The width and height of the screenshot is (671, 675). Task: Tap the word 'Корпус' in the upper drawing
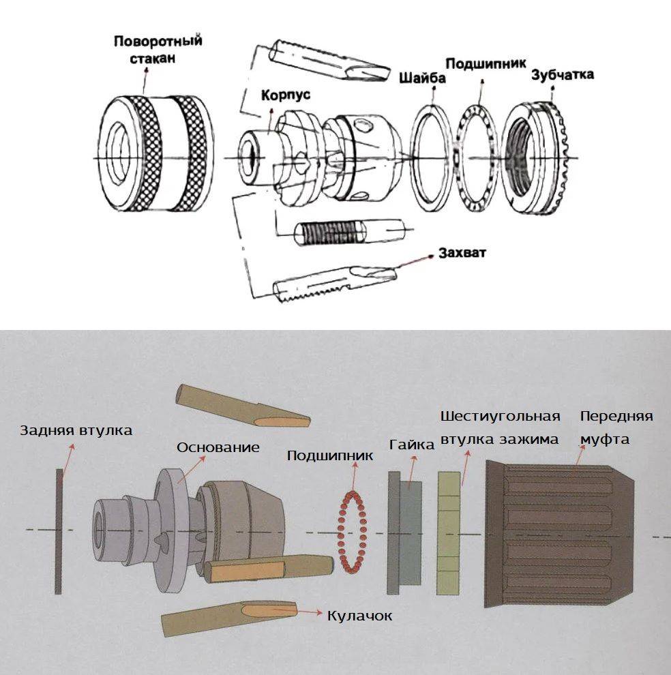click(285, 95)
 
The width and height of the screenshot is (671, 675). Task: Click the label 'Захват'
click(462, 254)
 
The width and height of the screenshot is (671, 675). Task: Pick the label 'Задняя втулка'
click(76, 430)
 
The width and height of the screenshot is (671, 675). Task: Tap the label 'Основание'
click(218, 447)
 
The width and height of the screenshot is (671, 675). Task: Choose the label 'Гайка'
click(412, 445)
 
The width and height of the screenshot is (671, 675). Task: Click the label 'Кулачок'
click(359, 615)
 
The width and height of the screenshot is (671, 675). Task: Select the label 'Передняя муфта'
click(616, 427)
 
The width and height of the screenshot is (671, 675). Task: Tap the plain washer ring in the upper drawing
click(430, 158)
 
